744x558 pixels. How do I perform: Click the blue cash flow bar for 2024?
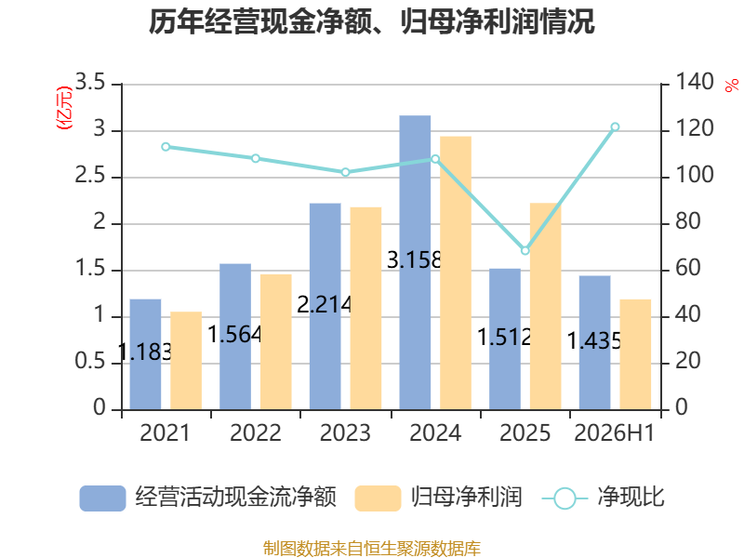(415, 262)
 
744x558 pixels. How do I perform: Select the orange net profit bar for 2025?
(546, 306)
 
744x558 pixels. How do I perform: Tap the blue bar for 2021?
(145, 354)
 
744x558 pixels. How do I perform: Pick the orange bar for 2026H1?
(635, 354)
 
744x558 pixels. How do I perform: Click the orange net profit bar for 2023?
(365, 309)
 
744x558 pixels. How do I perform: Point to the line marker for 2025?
(525, 250)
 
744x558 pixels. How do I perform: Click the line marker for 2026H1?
(615, 126)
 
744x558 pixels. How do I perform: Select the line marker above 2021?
(166, 147)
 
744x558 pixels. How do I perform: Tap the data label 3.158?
(414, 260)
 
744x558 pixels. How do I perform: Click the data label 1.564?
(235, 335)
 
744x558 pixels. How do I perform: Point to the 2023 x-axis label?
(345, 432)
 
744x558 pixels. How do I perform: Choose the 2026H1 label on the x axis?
(614, 432)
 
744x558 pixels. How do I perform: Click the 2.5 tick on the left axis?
(89, 176)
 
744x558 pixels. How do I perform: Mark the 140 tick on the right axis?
(694, 82)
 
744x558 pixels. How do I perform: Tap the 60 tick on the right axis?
(688, 268)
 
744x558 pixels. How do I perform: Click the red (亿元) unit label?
(64, 108)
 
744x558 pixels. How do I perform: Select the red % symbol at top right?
(732, 86)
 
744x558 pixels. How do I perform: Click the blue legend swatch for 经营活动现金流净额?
(102, 498)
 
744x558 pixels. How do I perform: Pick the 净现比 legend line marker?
(565, 498)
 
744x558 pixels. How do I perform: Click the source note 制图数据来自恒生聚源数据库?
(372, 549)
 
